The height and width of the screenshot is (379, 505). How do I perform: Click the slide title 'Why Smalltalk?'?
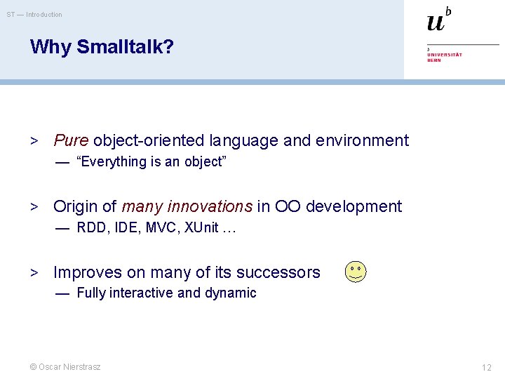point(102,47)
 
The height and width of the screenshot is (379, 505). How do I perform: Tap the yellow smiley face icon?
point(356,272)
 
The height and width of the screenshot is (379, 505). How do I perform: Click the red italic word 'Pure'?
point(71,140)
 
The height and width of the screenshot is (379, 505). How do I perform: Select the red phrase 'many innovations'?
point(187,206)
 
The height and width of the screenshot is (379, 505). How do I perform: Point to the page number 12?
point(486,367)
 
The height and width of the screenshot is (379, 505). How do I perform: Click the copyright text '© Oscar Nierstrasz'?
point(65,367)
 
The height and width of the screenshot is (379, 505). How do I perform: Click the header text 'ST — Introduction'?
point(34,14)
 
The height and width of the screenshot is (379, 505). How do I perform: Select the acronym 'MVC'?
point(163,227)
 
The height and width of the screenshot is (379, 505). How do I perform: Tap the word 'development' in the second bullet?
point(353,206)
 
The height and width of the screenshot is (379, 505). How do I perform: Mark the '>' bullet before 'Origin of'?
point(33,206)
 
